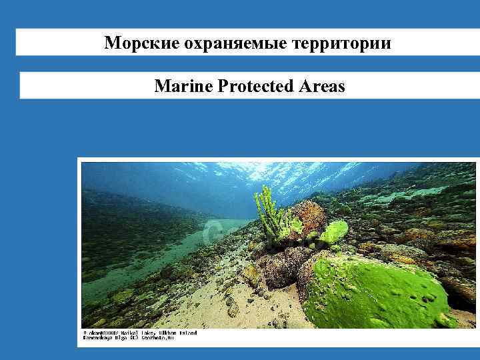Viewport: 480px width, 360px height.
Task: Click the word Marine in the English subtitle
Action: pos(183,87)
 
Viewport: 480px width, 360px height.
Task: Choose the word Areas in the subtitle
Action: pos(323,87)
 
